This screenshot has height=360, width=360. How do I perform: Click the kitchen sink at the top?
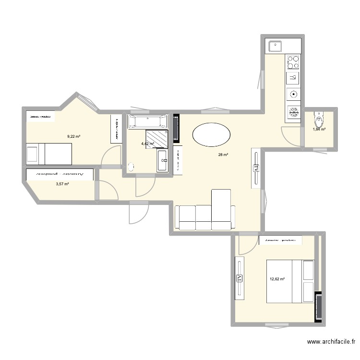coord(275,47)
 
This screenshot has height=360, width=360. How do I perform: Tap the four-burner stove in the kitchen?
coord(293,62)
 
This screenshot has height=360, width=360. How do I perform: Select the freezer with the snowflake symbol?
coord(293,112)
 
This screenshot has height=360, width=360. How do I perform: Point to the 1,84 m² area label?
coord(319,129)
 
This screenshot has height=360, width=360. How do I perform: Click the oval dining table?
coord(211,134)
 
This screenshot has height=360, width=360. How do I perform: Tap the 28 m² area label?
coord(223,155)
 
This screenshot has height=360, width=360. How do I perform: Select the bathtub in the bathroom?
coord(147,121)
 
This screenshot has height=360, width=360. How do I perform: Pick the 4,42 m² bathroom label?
coord(147,144)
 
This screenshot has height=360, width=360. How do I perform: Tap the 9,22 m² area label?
coord(73,136)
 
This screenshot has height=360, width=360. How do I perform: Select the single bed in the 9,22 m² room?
coord(48,154)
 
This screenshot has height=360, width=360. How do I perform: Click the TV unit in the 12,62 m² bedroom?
coord(240,278)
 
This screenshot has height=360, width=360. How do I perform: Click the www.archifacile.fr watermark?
coord(331,343)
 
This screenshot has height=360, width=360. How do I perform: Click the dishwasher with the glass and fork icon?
coord(293,78)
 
